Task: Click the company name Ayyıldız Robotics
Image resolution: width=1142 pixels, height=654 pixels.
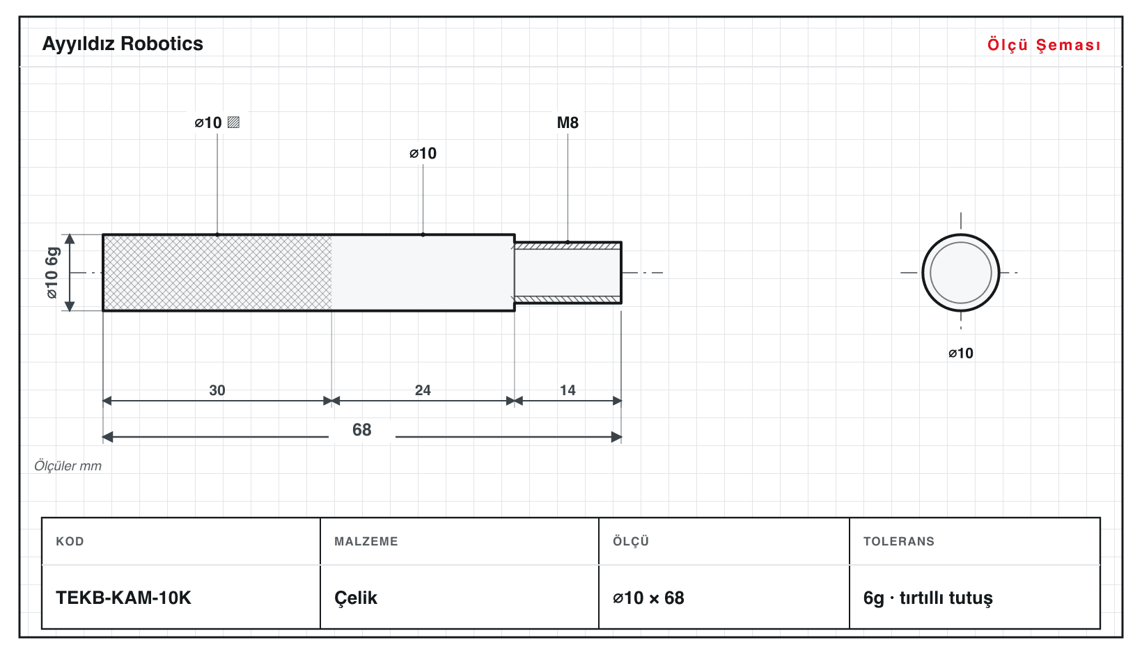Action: coord(123,44)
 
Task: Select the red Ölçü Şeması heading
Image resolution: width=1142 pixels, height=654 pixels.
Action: coord(1044,45)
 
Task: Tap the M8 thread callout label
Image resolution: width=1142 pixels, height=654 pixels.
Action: coord(568,122)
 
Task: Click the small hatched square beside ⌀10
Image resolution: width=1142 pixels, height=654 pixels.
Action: coord(233,122)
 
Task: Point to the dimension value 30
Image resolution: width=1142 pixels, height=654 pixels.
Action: coord(217,390)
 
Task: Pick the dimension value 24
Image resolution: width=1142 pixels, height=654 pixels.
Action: coord(423,390)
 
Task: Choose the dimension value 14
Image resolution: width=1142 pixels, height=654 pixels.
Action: coord(568,390)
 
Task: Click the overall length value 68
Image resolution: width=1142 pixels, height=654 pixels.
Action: coord(362,430)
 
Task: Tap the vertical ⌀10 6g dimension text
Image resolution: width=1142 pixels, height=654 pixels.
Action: coord(52,273)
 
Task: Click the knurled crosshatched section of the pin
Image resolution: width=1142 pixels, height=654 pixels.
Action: coord(217,273)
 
